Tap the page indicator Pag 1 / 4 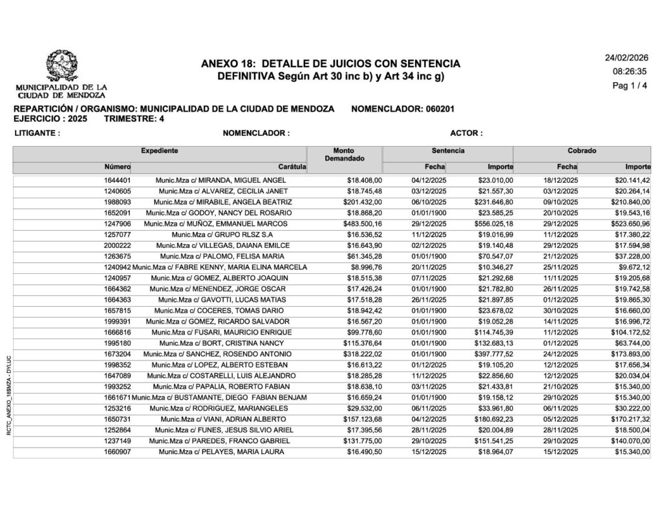pos(629,86)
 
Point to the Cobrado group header pos(582,151)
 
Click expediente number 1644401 pos(118,180)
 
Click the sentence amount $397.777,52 pos(491,354)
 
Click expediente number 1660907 pos(118,452)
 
